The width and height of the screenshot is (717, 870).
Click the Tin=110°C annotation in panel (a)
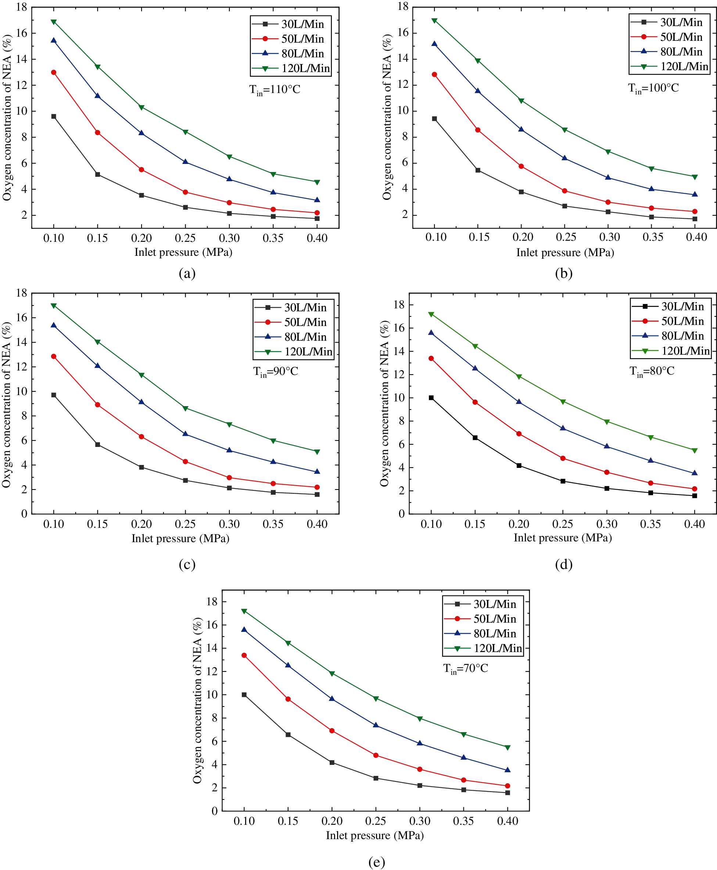click(275, 90)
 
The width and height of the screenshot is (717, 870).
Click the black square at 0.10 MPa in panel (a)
click(54, 117)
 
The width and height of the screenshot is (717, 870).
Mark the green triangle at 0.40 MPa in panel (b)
click(695, 177)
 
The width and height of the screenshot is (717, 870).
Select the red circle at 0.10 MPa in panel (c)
click(54, 357)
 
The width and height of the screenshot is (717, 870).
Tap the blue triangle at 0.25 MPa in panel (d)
click(563, 429)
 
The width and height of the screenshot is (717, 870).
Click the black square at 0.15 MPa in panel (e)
click(288, 735)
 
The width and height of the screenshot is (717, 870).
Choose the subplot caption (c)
click(187, 564)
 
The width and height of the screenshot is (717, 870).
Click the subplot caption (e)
click(376, 862)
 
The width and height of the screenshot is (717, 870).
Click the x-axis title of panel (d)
click(563, 538)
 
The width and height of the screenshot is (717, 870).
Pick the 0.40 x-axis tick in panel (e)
click(507, 821)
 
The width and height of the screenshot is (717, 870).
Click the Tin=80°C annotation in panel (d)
click(652, 371)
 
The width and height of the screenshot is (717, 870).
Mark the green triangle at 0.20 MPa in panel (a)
click(141, 107)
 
